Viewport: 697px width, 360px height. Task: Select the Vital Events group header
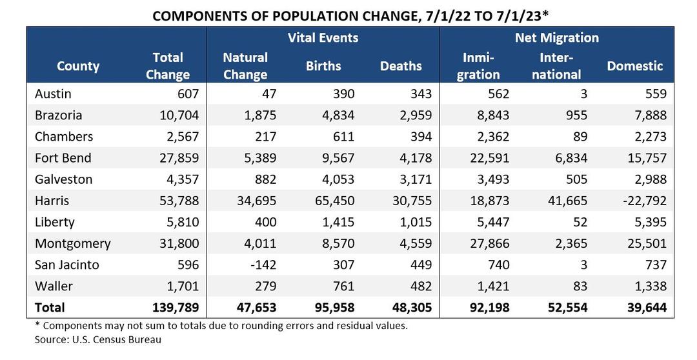click(x=323, y=38)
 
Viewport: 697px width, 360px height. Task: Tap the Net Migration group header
click(x=556, y=38)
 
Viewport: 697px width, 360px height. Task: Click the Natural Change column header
click(x=245, y=66)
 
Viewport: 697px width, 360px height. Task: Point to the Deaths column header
click(x=400, y=66)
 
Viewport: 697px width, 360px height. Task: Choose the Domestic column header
click(x=634, y=66)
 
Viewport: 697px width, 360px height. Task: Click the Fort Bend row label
click(x=63, y=158)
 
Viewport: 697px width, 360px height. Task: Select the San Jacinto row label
click(x=67, y=265)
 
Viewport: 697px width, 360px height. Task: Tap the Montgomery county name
click(x=72, y=243)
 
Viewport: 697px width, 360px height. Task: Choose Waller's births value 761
click(x=342, y=286)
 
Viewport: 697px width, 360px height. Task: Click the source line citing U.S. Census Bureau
click(x=97, y=339)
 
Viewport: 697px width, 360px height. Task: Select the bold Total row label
click(x=50, y=308)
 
